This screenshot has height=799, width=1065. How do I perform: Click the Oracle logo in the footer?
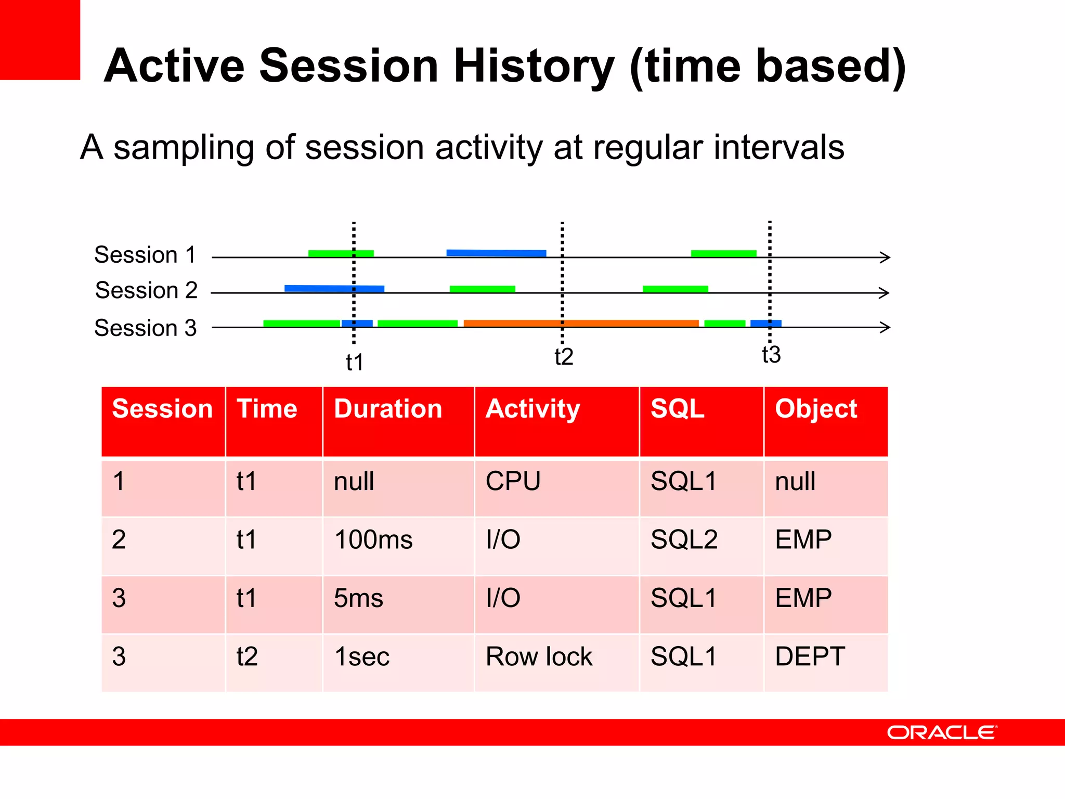[x=942, y=732]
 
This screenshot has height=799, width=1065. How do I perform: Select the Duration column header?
[x=388, y=409]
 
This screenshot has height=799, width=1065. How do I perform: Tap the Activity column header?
[x=532, y=409]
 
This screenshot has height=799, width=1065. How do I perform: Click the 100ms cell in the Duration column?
[x=373, y=539]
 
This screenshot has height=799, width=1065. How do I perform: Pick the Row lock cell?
[x=539, y=656]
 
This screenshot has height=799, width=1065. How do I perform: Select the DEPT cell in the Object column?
[x=810, y=656]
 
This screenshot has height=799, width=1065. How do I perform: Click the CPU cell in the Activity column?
[x=513, y=481]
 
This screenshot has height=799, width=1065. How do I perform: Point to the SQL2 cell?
[x=684, y=539]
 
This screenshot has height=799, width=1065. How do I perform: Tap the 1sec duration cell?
[x=362, y=656]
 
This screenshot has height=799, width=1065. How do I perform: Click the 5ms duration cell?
[x=358, y=598]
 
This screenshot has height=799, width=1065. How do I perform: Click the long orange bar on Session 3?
[x=581, y=323]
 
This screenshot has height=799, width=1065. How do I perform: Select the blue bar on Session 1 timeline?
[x=496, y=253]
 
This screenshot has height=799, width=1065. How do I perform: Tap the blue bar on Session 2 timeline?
[x=334, y=288]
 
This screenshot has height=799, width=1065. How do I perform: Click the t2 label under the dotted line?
[x=564, y=357]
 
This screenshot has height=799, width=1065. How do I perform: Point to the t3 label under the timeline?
[x=771, y=355]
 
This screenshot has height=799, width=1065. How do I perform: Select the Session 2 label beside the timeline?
[x=146, y=290]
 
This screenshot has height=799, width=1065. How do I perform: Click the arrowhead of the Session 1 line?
[x=885, y=257]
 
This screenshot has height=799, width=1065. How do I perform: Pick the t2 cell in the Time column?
[x=247, y=656]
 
